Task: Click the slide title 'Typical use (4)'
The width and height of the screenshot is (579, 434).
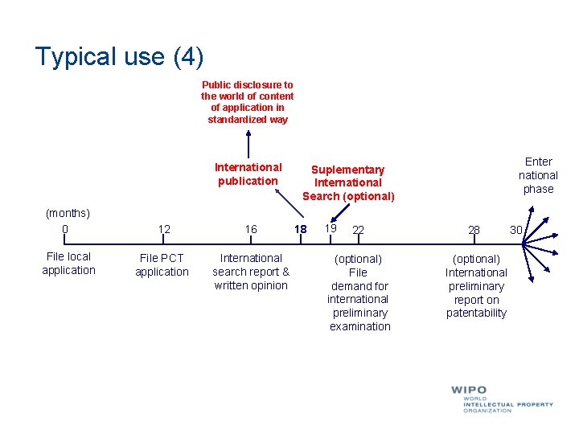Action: (119, 57)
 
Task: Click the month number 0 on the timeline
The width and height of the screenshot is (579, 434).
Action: (65, 229)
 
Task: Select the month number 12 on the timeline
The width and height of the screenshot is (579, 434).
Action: (164, 229)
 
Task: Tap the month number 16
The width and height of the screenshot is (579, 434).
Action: (251, 229)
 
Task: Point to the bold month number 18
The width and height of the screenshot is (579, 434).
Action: (300, 229)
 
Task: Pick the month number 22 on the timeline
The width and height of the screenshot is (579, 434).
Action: (358, 231)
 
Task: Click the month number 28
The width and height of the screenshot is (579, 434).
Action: (474, 231)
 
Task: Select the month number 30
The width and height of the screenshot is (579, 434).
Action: (515, 231)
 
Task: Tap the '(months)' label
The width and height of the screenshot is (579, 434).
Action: (68, 213)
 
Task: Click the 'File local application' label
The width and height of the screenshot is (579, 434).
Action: (68, 264)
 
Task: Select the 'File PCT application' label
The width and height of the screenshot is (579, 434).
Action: (162, 264)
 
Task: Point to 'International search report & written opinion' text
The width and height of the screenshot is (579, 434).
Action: (251, 272)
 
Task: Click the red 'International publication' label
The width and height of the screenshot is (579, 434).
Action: (248, 174)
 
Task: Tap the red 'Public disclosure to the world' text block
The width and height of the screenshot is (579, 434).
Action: (248, 101)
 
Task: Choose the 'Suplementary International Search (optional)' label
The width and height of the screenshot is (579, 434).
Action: (348, 182)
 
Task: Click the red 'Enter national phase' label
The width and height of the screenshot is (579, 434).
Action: (538, 175)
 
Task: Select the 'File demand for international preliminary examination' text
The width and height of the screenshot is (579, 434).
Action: (359, 292)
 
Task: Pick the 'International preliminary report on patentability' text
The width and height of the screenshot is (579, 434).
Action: (476, 285)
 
